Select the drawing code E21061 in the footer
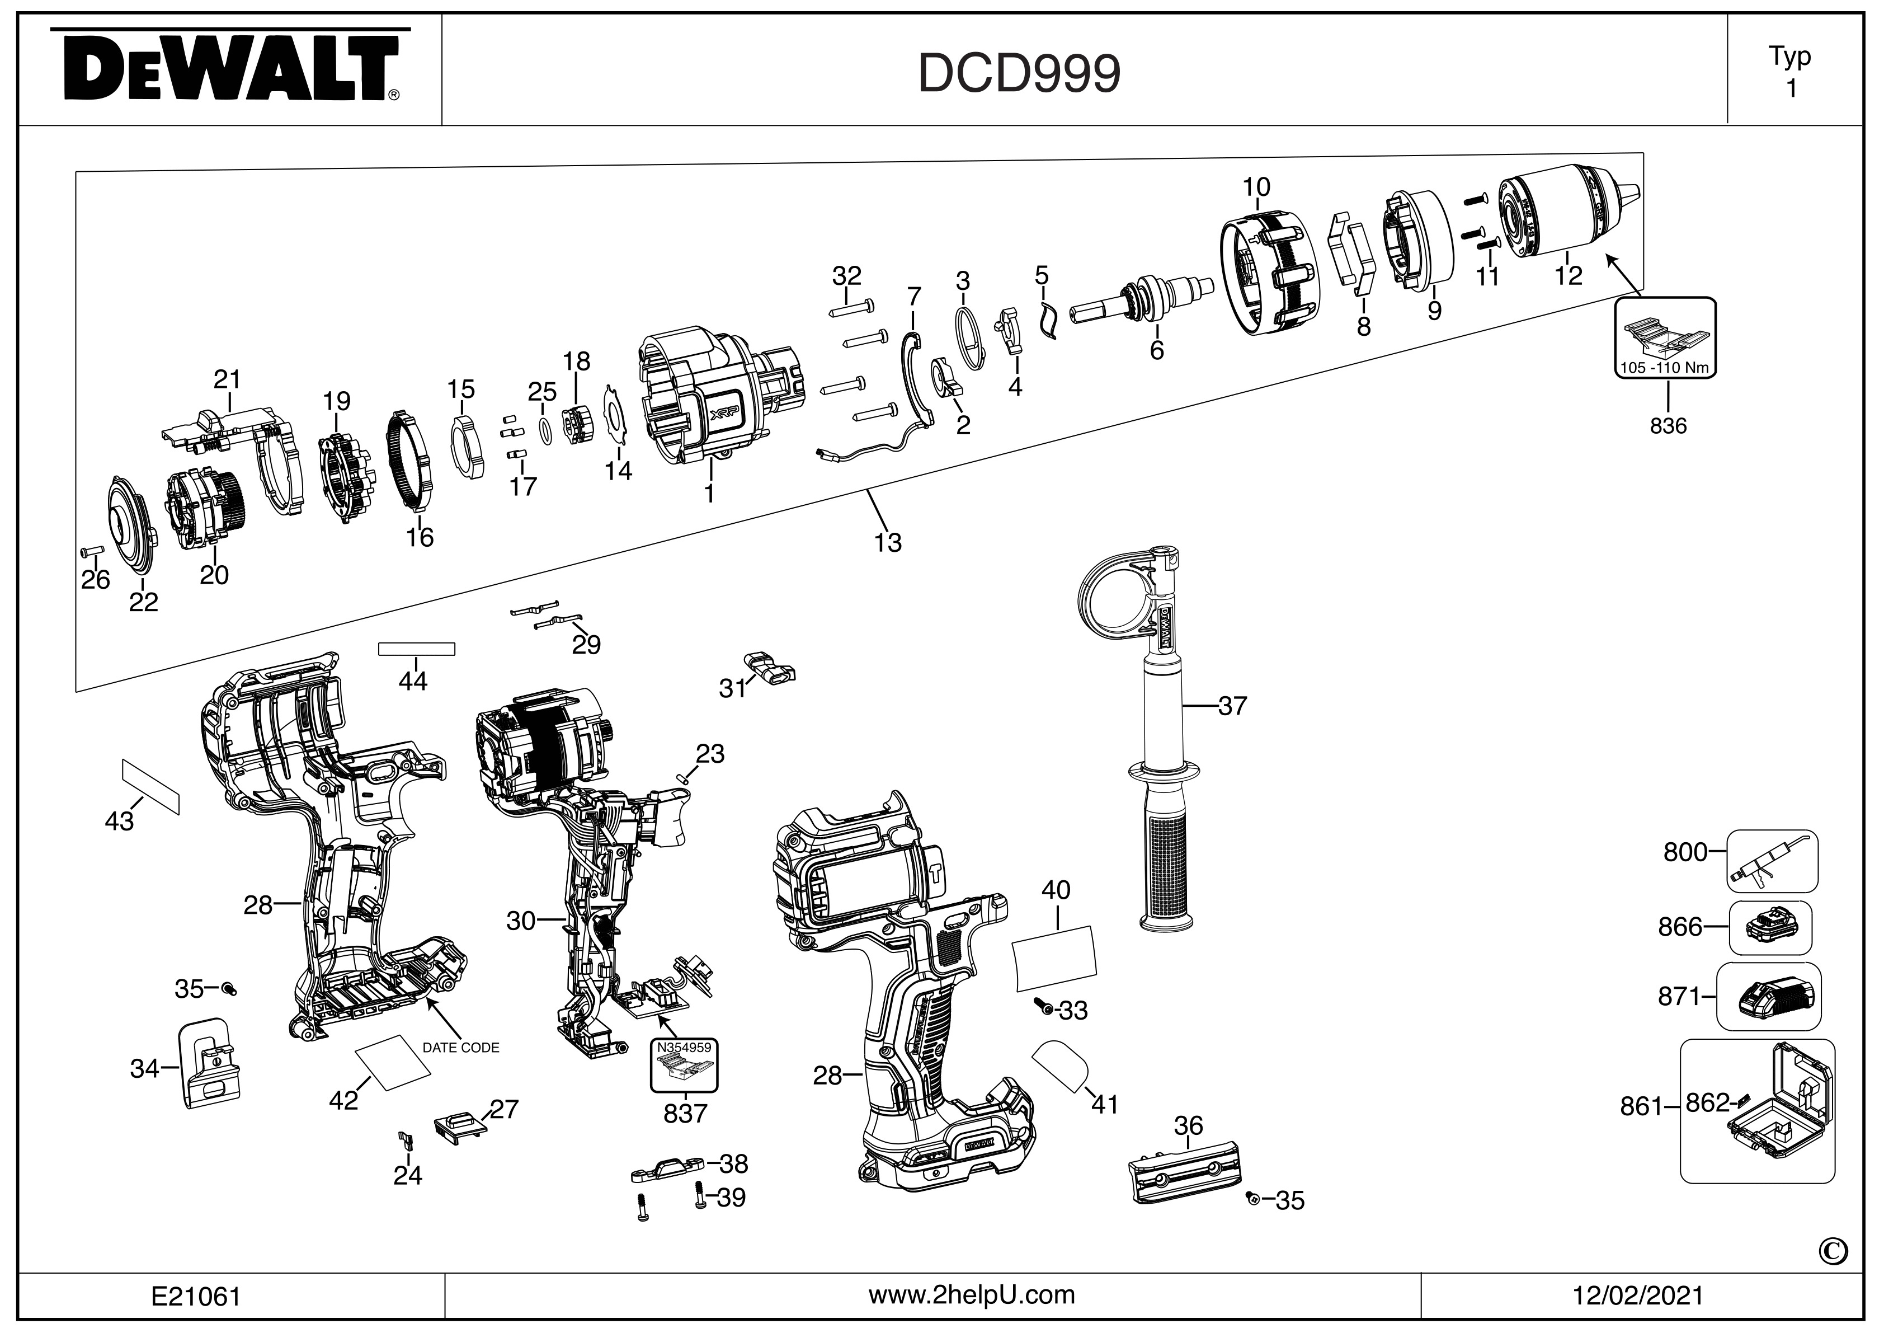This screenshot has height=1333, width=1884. click(x=196, y=1296)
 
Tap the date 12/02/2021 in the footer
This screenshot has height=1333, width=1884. click(x=1638, y=1296)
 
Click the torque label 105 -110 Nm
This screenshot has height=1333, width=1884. click(x=1665, y=368)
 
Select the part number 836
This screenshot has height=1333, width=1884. click(x=1668, y=426)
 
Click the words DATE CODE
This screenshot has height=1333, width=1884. click(x=460, y=1048)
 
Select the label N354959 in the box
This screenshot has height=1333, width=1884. click(x=684, y=1048)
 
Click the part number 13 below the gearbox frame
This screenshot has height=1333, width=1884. click(x=888, y=543)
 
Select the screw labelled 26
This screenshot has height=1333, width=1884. click(x=90, y=549)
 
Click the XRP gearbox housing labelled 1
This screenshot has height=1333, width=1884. click(x=706, y=394)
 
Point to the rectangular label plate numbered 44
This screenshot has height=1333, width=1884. click(x=416, y=649)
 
